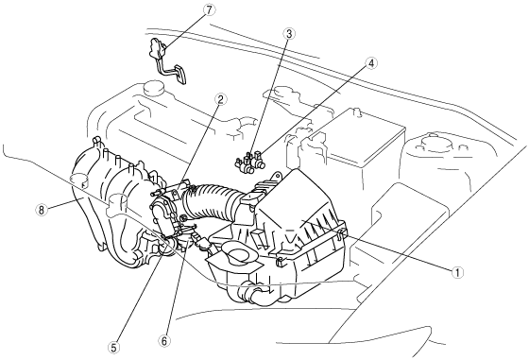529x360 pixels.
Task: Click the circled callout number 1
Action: (457, 272)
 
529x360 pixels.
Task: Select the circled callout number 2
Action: (220, 99)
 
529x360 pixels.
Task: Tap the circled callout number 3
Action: (289, 34)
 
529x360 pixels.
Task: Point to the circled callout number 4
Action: (371, 63)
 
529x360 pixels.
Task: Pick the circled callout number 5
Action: (113, 348)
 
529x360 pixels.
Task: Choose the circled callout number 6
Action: (164, 341)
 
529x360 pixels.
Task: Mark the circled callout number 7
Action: (209, 10)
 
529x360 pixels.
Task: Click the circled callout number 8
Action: (42, 210)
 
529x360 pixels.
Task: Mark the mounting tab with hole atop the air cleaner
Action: (276, 177)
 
